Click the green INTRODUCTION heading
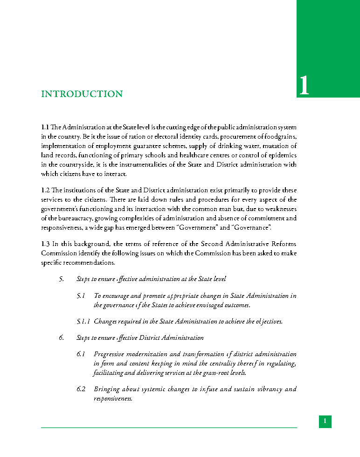click(82, 94)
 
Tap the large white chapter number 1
click(304, 86)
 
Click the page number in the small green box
click(325, 422)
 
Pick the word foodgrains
click(279, 136)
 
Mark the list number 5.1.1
click(83, 322)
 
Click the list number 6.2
click(81, 389)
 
